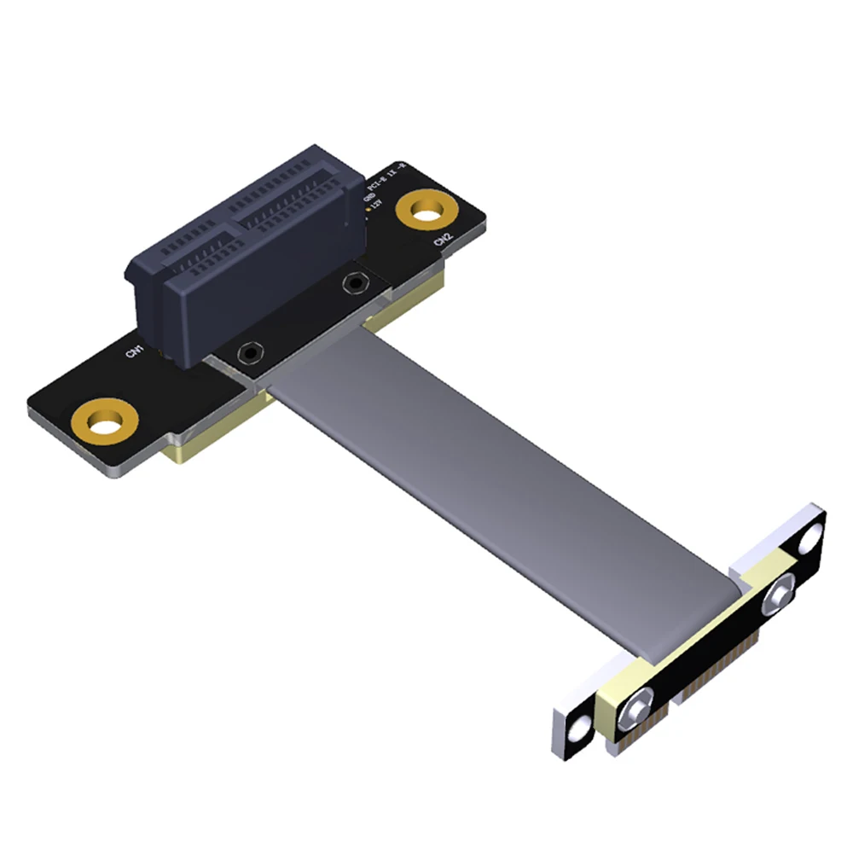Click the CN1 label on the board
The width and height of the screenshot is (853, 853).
135,351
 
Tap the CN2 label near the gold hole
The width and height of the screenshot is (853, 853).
443,241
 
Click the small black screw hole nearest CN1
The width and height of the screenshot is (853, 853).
250,351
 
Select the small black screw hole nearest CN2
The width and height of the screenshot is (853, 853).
353,282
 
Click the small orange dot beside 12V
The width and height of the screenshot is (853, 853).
368,207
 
